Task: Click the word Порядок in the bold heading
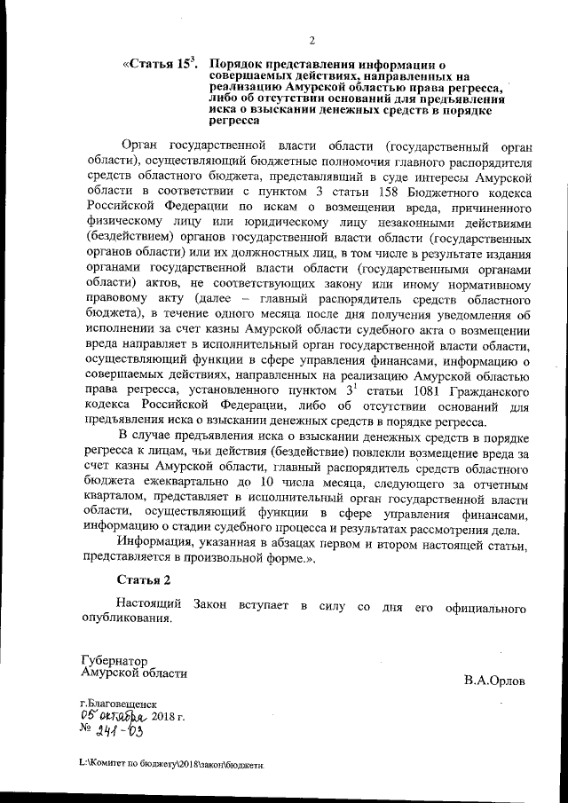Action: pos(241,65)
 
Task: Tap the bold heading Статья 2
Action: pos(143,580)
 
